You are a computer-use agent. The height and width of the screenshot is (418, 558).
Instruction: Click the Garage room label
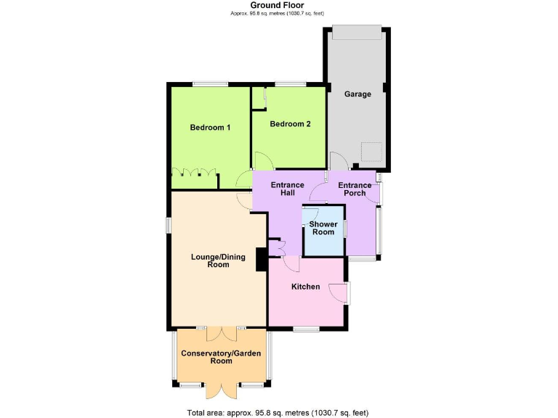(x=357, y=94)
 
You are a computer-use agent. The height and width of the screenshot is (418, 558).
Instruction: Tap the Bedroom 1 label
(x=210, y=128)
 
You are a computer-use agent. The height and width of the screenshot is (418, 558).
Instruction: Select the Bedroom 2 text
(x=290, y=124)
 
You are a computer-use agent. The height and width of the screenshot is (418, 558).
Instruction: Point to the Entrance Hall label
(x=287, y=190)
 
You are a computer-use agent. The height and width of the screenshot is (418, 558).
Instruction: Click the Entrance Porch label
(x=355, y=190)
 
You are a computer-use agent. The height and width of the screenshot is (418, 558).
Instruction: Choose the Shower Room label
(x=323, y=229)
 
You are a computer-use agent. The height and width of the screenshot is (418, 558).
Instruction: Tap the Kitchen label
(x=305, y=287)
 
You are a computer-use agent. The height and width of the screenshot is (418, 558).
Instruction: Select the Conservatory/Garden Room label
(x=221, y=356)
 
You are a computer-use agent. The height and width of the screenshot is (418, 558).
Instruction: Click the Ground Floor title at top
(x=278, y=5)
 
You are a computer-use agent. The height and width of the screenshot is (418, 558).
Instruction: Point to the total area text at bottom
(x=278, y=412)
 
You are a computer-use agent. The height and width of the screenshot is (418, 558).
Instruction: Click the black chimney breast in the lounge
(x=260, y=260)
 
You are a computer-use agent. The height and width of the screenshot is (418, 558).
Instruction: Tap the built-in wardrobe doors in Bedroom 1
(x=195, y=173)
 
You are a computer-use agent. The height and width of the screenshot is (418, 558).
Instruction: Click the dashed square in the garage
(x=373, y=152)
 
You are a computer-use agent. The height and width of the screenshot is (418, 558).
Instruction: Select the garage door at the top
(x=356, y=33)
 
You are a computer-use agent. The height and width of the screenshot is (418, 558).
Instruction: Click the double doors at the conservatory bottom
(x=221, y=389)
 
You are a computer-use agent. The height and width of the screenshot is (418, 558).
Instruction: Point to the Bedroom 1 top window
(x=210, y=83)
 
